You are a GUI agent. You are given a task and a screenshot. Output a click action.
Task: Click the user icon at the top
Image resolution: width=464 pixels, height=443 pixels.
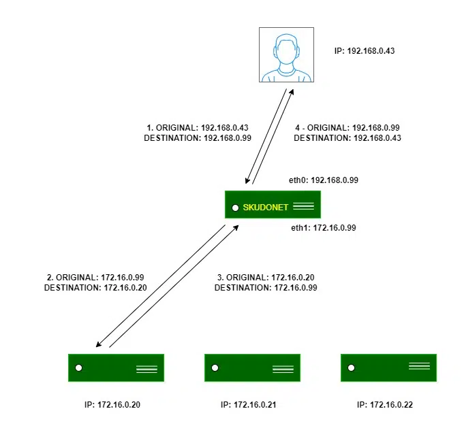(x=286, y=55)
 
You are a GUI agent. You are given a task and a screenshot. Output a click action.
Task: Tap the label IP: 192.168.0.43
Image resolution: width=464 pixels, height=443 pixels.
(x=366, y=50)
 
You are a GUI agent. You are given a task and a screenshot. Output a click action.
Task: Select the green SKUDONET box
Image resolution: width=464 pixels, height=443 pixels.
(x=273, y=205)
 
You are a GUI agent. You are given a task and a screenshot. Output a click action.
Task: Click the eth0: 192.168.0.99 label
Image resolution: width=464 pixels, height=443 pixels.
(x=323, y=180)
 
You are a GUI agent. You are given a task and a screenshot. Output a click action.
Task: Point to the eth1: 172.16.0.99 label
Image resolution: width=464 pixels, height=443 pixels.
(x=324, y=228)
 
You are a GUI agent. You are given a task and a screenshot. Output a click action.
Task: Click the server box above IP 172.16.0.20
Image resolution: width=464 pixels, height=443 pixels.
(x=116, y=367)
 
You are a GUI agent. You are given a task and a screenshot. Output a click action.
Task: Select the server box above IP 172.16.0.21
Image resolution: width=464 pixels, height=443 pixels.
(x=252, y=367)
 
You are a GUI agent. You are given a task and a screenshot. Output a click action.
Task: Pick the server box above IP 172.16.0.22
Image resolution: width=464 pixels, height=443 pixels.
(x=388, y=367)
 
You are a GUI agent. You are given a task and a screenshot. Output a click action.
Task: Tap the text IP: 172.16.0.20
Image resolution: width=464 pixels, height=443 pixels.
(x=112, y=405)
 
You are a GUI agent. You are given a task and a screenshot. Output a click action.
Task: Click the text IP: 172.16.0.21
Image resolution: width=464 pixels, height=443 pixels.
(x=249, y=405)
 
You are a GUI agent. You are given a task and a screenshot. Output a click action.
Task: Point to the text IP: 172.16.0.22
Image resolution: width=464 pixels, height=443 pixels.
(x=385, y=405)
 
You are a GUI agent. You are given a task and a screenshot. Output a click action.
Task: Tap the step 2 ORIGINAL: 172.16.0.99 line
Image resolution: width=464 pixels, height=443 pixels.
(x=96, y=278)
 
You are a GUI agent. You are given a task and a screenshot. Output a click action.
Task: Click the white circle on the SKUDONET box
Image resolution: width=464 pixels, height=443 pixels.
(x=235, y=207)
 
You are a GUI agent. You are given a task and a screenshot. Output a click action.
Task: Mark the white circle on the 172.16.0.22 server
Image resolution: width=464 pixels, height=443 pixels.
(x=351, y=368)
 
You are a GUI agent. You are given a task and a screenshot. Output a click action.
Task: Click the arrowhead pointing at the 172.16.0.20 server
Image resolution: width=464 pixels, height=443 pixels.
(x=99, y=345)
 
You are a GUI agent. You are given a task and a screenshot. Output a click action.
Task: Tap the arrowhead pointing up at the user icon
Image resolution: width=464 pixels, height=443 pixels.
(x=292, y=90)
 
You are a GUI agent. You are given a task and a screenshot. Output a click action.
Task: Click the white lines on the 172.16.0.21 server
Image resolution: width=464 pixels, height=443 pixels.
(x=283, y=370)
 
